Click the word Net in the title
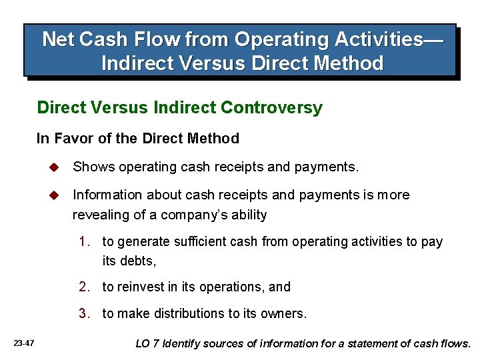tap(58, 40)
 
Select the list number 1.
tap(84, 242)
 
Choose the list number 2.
tap(84, 287)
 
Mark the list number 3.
tap(84, 313)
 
